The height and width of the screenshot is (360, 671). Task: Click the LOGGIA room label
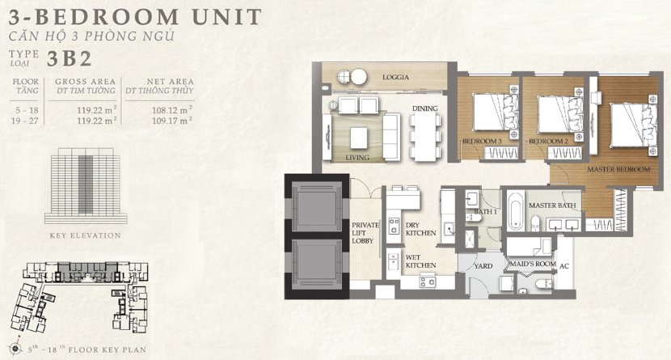pos(395,78)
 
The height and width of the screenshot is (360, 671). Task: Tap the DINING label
pos(425,108)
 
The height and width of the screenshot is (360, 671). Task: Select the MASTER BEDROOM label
pos(618,170)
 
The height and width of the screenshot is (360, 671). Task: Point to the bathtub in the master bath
pos(516,210)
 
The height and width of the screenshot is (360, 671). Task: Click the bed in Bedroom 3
pos(495,112)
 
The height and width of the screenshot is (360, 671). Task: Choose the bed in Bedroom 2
pos(559,114)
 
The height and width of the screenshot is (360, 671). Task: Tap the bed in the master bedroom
pos(633,125)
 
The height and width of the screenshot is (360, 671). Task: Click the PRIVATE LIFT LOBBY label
pos(365,233)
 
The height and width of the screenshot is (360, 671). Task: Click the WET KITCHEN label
pos(420,261)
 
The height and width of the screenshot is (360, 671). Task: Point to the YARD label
pos(483,266)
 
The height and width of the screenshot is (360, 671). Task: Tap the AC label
pos(564,266)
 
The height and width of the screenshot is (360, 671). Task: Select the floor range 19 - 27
pos(25,121)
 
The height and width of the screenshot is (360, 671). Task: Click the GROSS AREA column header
pos(85,82)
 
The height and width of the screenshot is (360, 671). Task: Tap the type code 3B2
pos(70,59)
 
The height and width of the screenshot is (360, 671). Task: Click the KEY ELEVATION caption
pos(86,235)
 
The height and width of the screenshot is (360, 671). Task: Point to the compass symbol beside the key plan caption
pos(15,349)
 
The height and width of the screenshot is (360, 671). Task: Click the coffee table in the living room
pos(359,138)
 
